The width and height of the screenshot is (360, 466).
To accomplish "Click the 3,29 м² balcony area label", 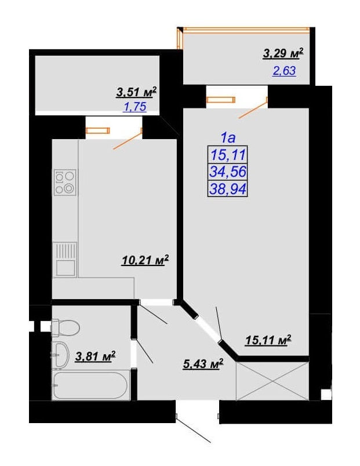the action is [283, 53].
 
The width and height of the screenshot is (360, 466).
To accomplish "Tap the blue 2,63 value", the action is [284, 71].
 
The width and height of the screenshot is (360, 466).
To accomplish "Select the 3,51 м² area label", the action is [136, 92].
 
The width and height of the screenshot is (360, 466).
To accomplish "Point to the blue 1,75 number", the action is [135, 107].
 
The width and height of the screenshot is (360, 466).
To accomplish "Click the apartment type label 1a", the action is [228, 137].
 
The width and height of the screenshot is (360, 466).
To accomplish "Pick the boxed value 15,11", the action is [228, 155].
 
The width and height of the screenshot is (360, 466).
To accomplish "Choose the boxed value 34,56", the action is [228, 172].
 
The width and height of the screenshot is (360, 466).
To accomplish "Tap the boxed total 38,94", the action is [228, 188].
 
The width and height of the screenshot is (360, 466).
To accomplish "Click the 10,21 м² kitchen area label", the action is [145, 260].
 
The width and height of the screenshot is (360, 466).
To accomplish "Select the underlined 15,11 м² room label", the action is [268, 340].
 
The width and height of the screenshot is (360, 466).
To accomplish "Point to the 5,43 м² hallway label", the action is [203, 364].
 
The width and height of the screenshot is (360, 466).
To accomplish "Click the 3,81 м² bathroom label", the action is [95, 356].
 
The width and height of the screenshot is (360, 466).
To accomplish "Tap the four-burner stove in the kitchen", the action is [65, 182].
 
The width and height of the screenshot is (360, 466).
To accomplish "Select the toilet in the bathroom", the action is [66, 328].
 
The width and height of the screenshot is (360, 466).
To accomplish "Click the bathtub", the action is [91, 385].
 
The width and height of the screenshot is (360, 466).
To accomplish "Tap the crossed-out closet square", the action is [272, 381].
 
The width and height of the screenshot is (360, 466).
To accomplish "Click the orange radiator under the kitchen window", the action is [98, 130].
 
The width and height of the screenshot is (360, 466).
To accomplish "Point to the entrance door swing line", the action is [194, 430].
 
